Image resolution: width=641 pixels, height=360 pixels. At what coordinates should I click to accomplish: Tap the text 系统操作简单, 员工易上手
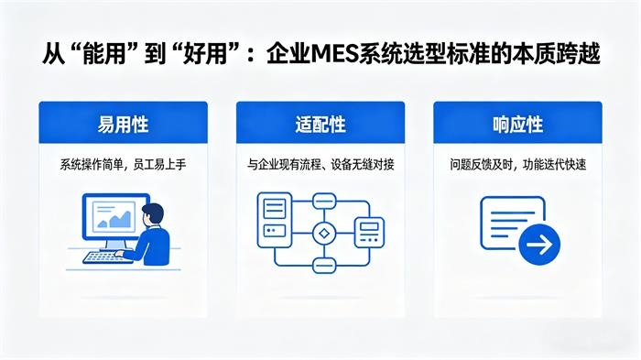pyautogui.click(x=123, y=166)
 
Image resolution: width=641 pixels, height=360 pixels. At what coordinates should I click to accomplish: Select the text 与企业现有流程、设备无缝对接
pyautogui.click(x=320, y=166)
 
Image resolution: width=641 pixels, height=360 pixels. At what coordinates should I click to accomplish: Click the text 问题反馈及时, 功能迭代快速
pyautogui.click(x=517, y=166)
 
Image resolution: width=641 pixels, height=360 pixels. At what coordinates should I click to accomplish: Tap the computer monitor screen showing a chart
pyautogui.click(x=114, y=218)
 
